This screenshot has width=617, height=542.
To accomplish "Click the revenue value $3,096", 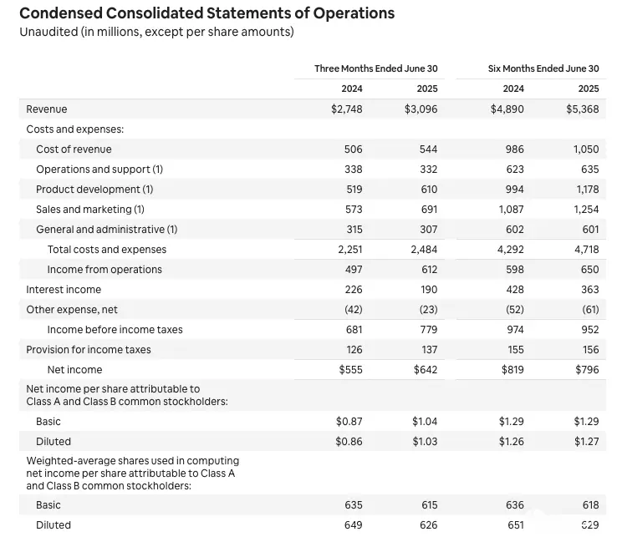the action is (421, 109).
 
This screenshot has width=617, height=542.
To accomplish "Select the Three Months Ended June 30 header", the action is (375, 68).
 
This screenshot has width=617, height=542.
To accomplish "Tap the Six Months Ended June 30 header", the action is (543, 68).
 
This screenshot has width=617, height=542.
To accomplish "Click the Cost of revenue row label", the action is (74, 149).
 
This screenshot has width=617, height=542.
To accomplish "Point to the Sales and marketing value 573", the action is (354, 210).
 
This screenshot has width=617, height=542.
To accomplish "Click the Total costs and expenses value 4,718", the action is (587, 250).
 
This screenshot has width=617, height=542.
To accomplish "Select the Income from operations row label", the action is (105, 270).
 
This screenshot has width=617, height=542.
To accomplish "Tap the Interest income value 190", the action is (429, 290).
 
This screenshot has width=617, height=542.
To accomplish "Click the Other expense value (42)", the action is (354, 310).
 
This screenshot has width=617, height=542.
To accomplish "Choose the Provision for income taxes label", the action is (89, 350).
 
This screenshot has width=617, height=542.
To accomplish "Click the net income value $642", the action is (426, 370).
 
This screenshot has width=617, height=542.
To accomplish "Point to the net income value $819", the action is (512, 370).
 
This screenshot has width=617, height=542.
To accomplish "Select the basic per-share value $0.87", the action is (349, 422).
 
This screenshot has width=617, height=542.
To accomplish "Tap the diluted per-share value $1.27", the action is (586, 442).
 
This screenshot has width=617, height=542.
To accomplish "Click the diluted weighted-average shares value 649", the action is (354, 525).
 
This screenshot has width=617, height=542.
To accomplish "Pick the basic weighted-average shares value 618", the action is (590, 505).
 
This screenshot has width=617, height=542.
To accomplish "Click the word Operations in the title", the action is (354, 13).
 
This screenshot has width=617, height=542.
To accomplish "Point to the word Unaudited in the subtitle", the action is (48, 32).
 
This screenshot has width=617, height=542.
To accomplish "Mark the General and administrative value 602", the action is (515, 230).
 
